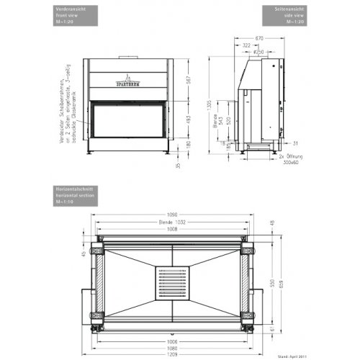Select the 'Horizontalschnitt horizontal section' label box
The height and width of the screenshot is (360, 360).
[x=74, y=193]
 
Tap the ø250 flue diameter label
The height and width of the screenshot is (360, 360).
[x=258, y=52]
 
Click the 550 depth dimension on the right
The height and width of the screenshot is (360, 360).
[x=270, y=282]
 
